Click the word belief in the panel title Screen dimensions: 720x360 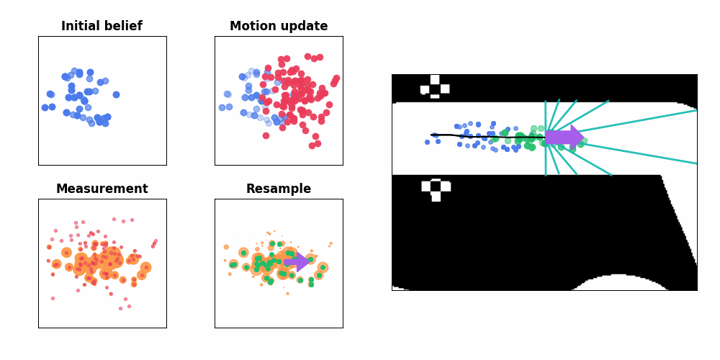click(124, 27)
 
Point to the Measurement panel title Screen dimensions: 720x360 click(102, 189)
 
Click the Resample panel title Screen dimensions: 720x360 click(278, 189)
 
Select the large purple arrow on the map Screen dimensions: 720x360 click(564, 137)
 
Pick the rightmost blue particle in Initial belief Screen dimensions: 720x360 click(116, 94)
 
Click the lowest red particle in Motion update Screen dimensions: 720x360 click(312, 145)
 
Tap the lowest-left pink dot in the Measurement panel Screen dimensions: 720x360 click(53, 298)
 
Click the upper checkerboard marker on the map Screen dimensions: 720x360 click(435, 85)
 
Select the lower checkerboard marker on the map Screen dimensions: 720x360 click(436, 189)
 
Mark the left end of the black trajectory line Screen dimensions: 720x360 click(431, 135)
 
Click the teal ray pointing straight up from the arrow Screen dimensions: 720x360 click(546, 115)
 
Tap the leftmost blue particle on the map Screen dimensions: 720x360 click(427, 142)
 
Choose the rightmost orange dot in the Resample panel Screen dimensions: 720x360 click(331, 243)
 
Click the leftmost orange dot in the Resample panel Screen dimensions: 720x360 click(226, 247)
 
